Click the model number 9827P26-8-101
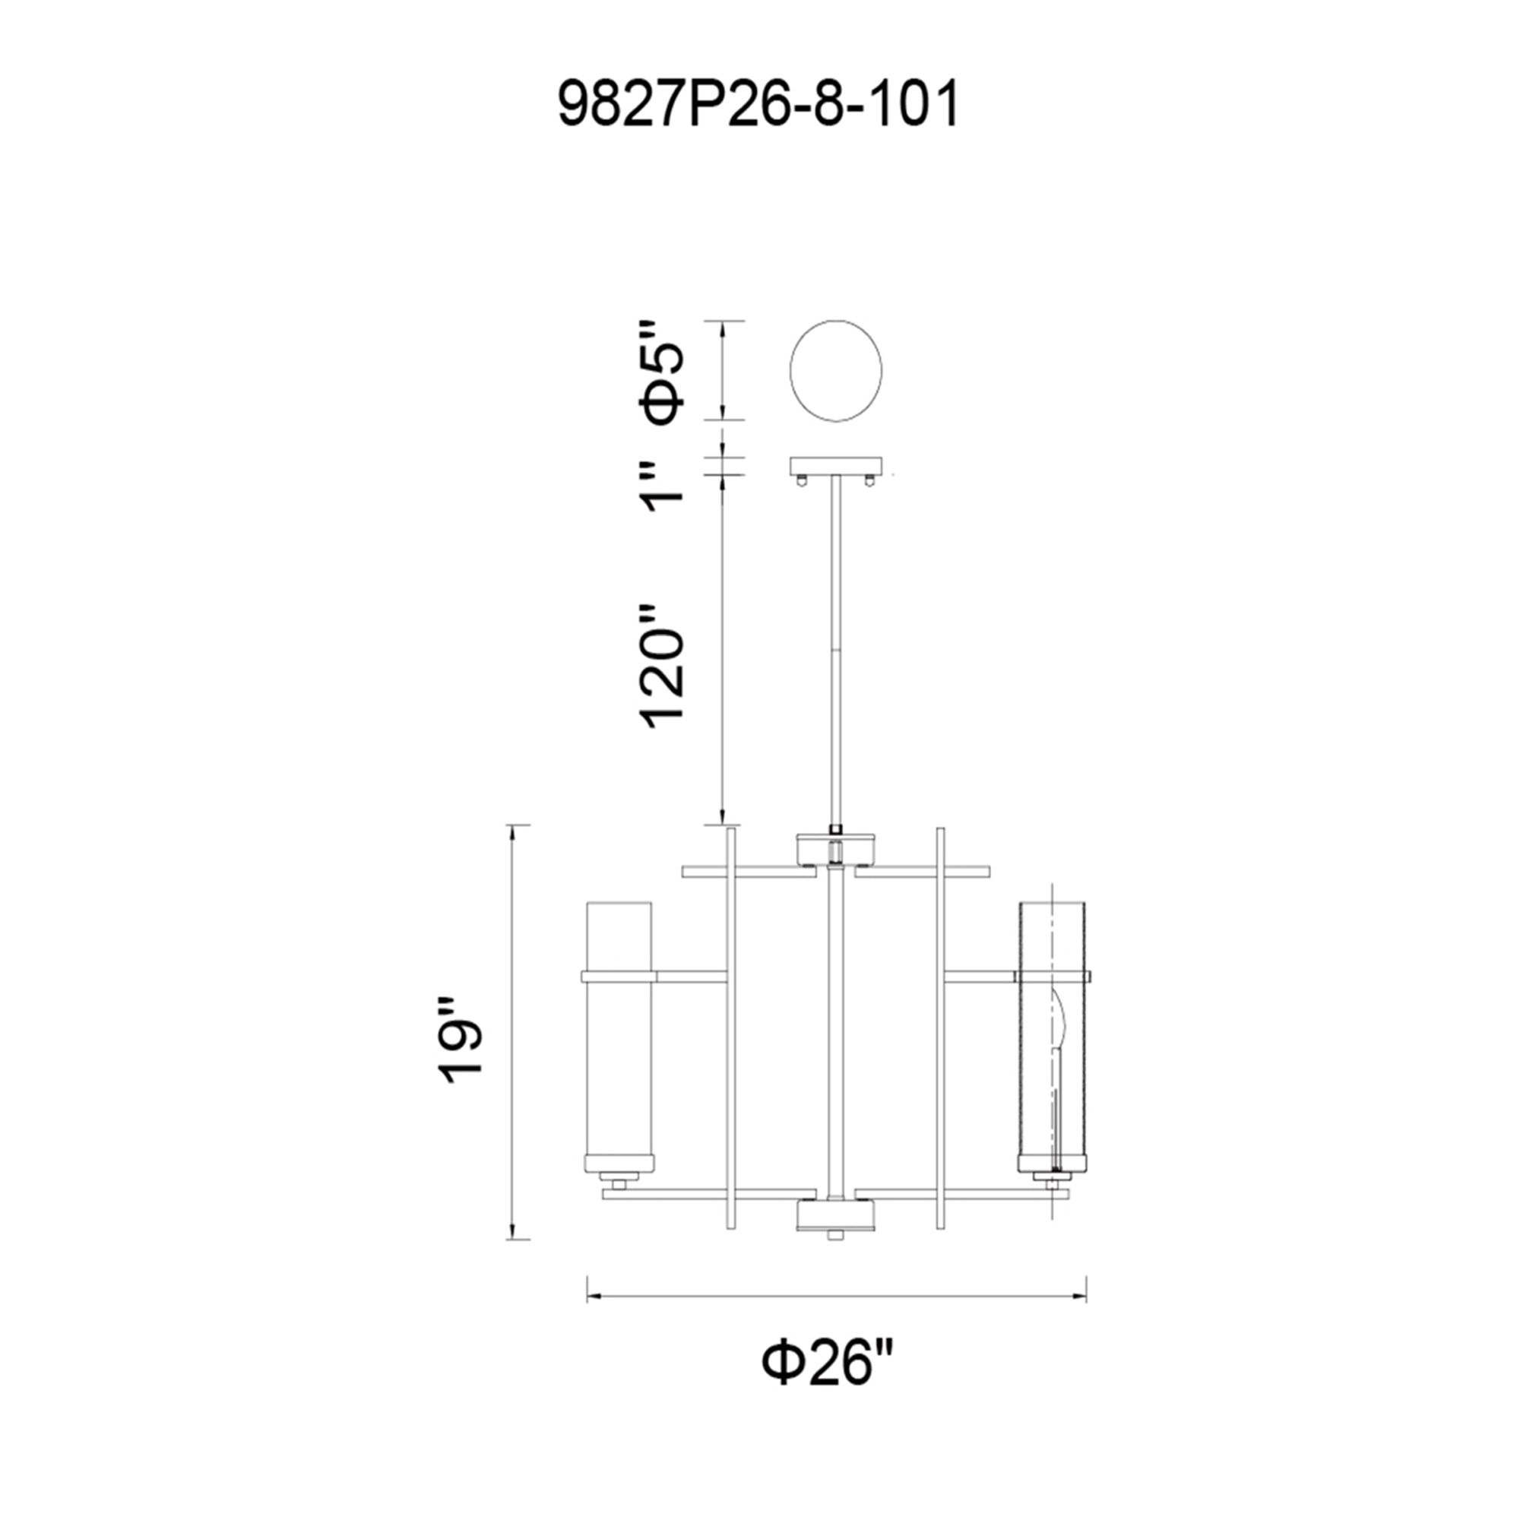[758, 106]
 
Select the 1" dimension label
[662, 486]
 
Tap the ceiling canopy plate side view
[836, 467]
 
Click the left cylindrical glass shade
[619, 1047]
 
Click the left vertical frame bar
[730, 1038]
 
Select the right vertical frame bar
[939, 1038]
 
